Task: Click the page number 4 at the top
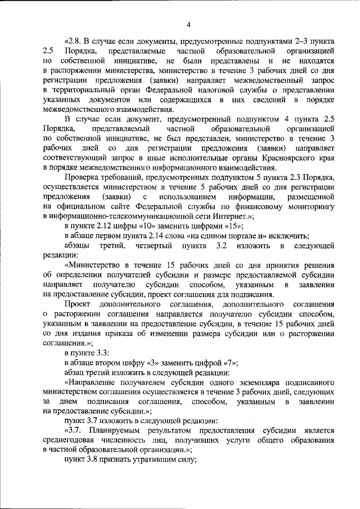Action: point(188,24)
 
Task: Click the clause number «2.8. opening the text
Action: point(74,42)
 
